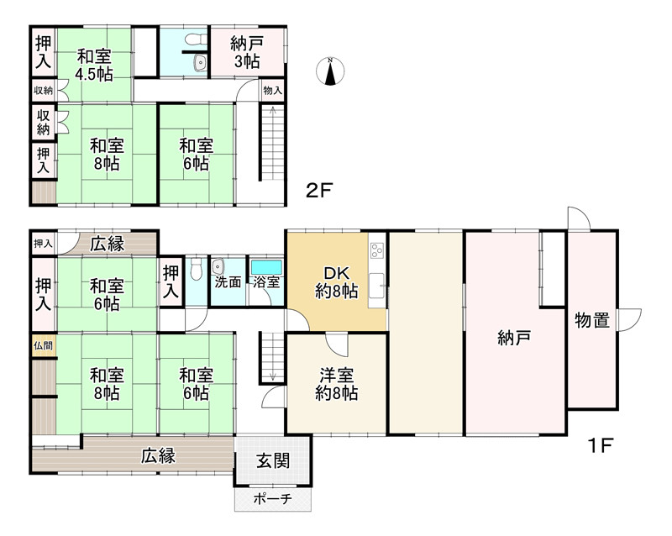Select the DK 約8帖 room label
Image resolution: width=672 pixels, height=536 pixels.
point(336,282)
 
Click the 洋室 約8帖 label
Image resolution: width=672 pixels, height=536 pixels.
point(337,383)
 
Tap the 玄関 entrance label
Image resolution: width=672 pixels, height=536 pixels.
point(272,460)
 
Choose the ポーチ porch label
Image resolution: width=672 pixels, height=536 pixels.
point(272,499)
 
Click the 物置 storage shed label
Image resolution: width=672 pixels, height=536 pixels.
point(591,321)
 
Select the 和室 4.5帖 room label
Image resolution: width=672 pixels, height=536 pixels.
point(94,65)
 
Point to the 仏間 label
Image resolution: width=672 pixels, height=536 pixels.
point(42,345)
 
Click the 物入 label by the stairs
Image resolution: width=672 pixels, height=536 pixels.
point(272,90)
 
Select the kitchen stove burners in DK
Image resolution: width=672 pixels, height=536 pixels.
point(376,250)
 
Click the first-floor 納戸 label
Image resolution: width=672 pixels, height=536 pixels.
point(514,339)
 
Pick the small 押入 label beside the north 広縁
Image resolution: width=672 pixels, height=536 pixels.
point(42,244)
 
